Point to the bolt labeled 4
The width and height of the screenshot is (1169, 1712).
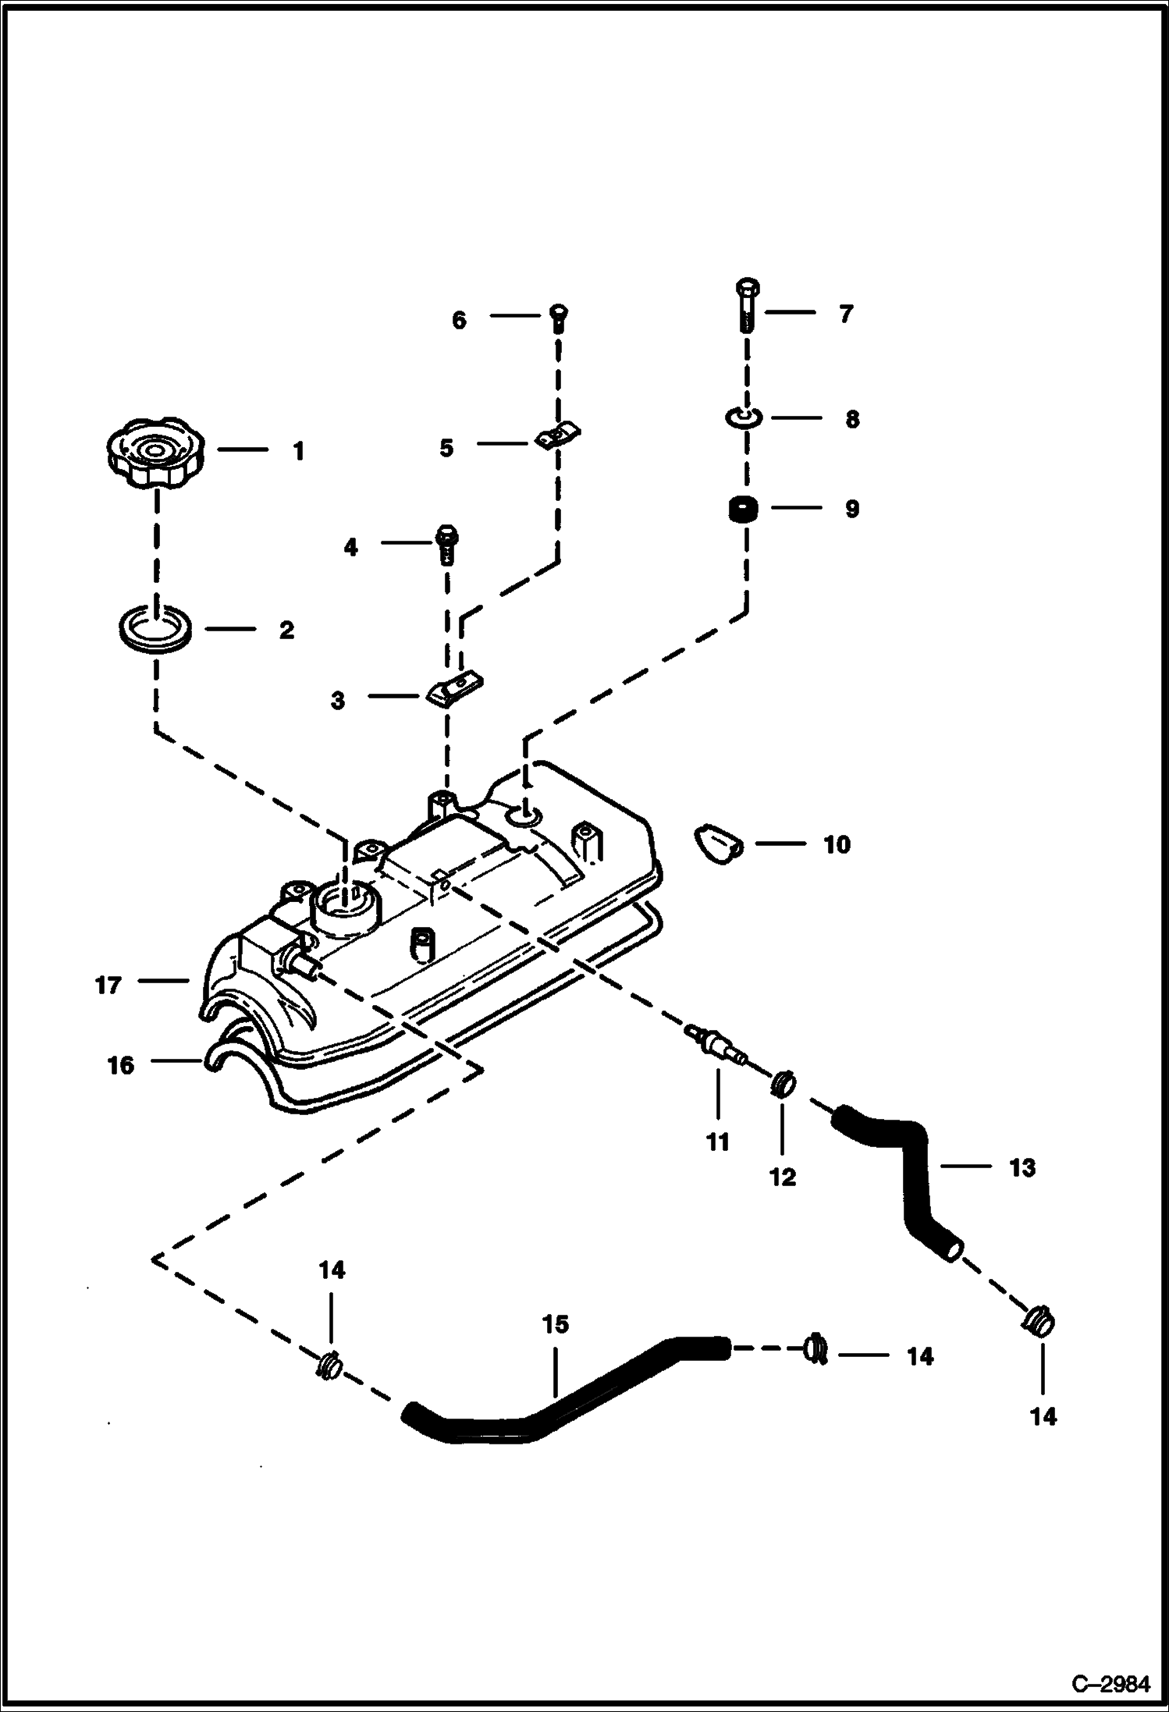click(x=446, y=544)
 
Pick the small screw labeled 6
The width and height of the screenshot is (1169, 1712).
click(x=558, y=317)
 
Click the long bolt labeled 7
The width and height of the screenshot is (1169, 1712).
click(x=746, y=306)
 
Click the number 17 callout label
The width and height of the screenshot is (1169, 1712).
click(x=108, y=986)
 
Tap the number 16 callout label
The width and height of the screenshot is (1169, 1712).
click(x=121, y=1065)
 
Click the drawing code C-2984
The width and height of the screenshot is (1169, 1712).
click(x=1110, y=1682)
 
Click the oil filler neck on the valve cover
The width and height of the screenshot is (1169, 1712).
click(x=345, y=908)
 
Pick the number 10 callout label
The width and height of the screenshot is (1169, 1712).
click(x=837, y=845)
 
